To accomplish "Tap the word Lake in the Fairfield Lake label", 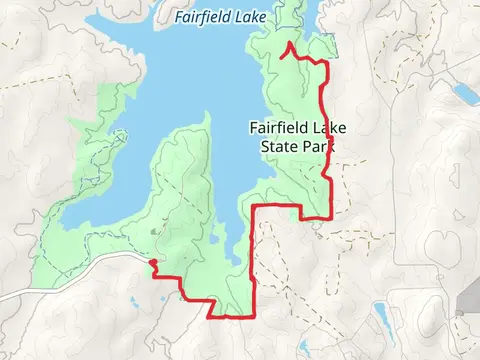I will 263,17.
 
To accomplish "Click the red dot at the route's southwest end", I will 152,264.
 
